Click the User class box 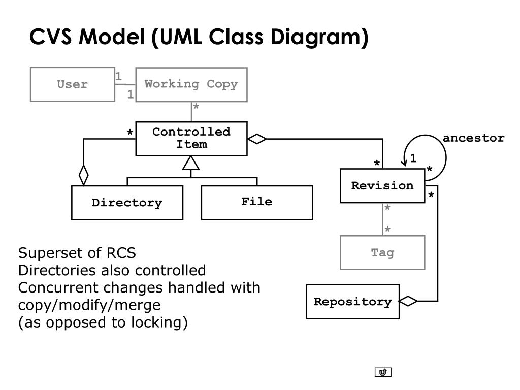click(73, 84)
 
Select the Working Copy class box click(191, 85)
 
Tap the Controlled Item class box click(191, 139)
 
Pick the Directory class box click(127, 202)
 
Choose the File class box click(256, 202)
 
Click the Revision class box click(382, 186)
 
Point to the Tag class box click(382, 253)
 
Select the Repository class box click(352, 302)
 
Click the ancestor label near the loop click(473, 138)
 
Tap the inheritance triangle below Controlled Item click(191, 163)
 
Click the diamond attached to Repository click(408, 301)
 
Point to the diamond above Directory click(84, 175)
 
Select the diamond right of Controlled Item click(257, 139)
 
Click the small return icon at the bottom click(383, 372)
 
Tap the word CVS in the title click(50, 37)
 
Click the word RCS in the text click(121, 253)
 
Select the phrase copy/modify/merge click(89, 305)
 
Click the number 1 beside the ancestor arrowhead click(413, 158)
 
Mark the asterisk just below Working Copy click(196, 107)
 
